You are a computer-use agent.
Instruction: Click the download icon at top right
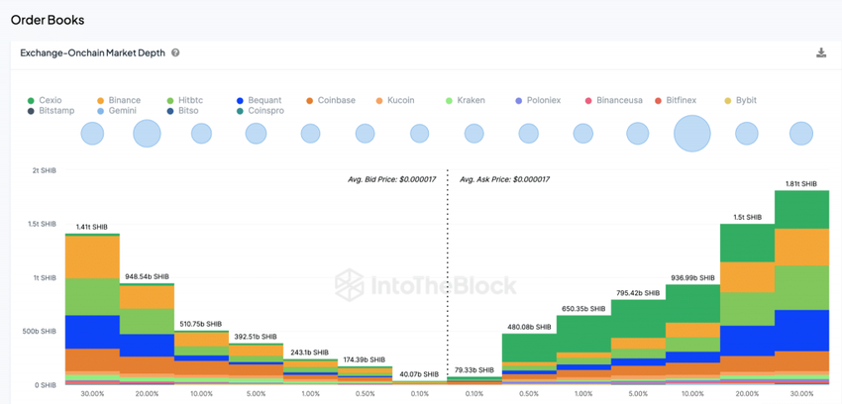(x=821, y=52)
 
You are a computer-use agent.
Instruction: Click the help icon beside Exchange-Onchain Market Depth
(x=175, y=52)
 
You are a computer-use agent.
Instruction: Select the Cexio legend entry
(x=45, y=100)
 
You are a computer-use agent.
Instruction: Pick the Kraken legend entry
(x=466, y=100)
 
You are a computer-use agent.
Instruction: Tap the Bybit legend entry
(x=743, y=100)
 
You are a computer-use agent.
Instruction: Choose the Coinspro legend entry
(x=261, y=111)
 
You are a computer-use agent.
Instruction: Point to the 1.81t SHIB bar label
(x=801, y=184)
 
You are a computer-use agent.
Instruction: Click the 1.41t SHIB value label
(x=92, y=227)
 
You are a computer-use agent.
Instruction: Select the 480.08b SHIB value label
(x=528, y=327)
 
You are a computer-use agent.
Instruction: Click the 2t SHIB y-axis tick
(x=44, y=170)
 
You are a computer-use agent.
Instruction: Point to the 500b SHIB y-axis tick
(x=41, y=331)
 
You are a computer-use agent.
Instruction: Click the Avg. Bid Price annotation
(x=392, y=179)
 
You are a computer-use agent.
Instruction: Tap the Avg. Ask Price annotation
(x=504, y=179)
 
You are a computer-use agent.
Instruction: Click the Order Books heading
(x=48, y=19)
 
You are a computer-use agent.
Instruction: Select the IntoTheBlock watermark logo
(x=425, y=285)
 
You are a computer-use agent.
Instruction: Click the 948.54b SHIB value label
(x=147, y=277)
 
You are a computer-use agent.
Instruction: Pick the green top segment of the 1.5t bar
(x=747, y=243)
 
